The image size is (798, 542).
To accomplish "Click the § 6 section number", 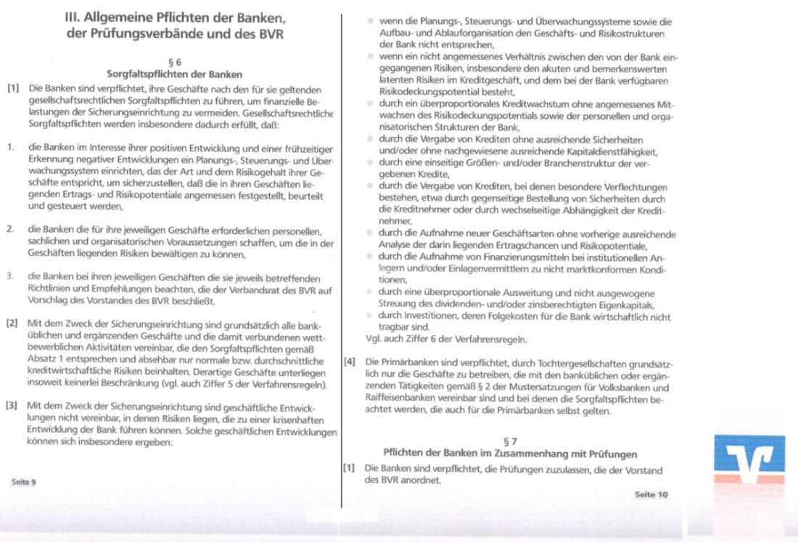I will [173, 62].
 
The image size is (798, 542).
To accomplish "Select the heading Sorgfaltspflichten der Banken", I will [174, 74].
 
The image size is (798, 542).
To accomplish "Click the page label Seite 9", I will [23, 481].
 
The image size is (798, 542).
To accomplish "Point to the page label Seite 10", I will [651, 494].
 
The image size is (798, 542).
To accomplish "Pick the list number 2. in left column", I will [11, 229].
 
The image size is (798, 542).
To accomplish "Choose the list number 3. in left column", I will [11, 276].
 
